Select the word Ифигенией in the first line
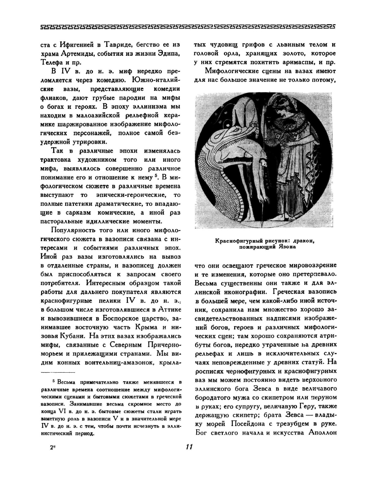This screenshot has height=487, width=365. click(77, 45)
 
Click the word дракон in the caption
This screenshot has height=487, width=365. click(302, 241)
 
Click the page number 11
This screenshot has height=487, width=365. click(189, 447)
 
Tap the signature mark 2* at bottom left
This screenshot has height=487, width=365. click(52, 447)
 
